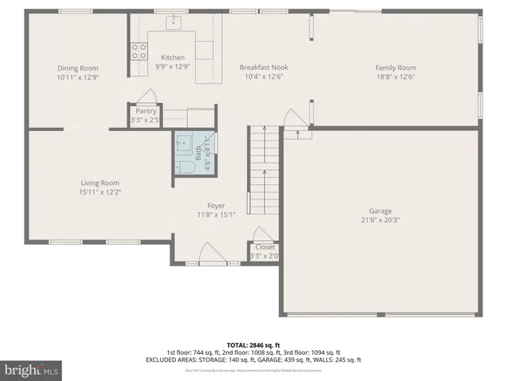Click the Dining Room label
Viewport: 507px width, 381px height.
78,68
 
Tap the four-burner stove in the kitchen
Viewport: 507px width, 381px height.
139,52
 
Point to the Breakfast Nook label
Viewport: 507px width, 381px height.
261,68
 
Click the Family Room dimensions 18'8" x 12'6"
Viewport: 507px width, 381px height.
395,77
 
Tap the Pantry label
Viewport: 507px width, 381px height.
146,111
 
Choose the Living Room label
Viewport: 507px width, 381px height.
100,183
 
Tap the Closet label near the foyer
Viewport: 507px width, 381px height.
265,247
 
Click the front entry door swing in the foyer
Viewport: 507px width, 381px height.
211,254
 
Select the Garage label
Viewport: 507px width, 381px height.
380,211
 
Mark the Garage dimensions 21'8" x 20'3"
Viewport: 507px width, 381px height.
380,220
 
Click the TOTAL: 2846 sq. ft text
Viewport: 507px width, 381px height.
253,344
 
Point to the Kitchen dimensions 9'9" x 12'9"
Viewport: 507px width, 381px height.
173,67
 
